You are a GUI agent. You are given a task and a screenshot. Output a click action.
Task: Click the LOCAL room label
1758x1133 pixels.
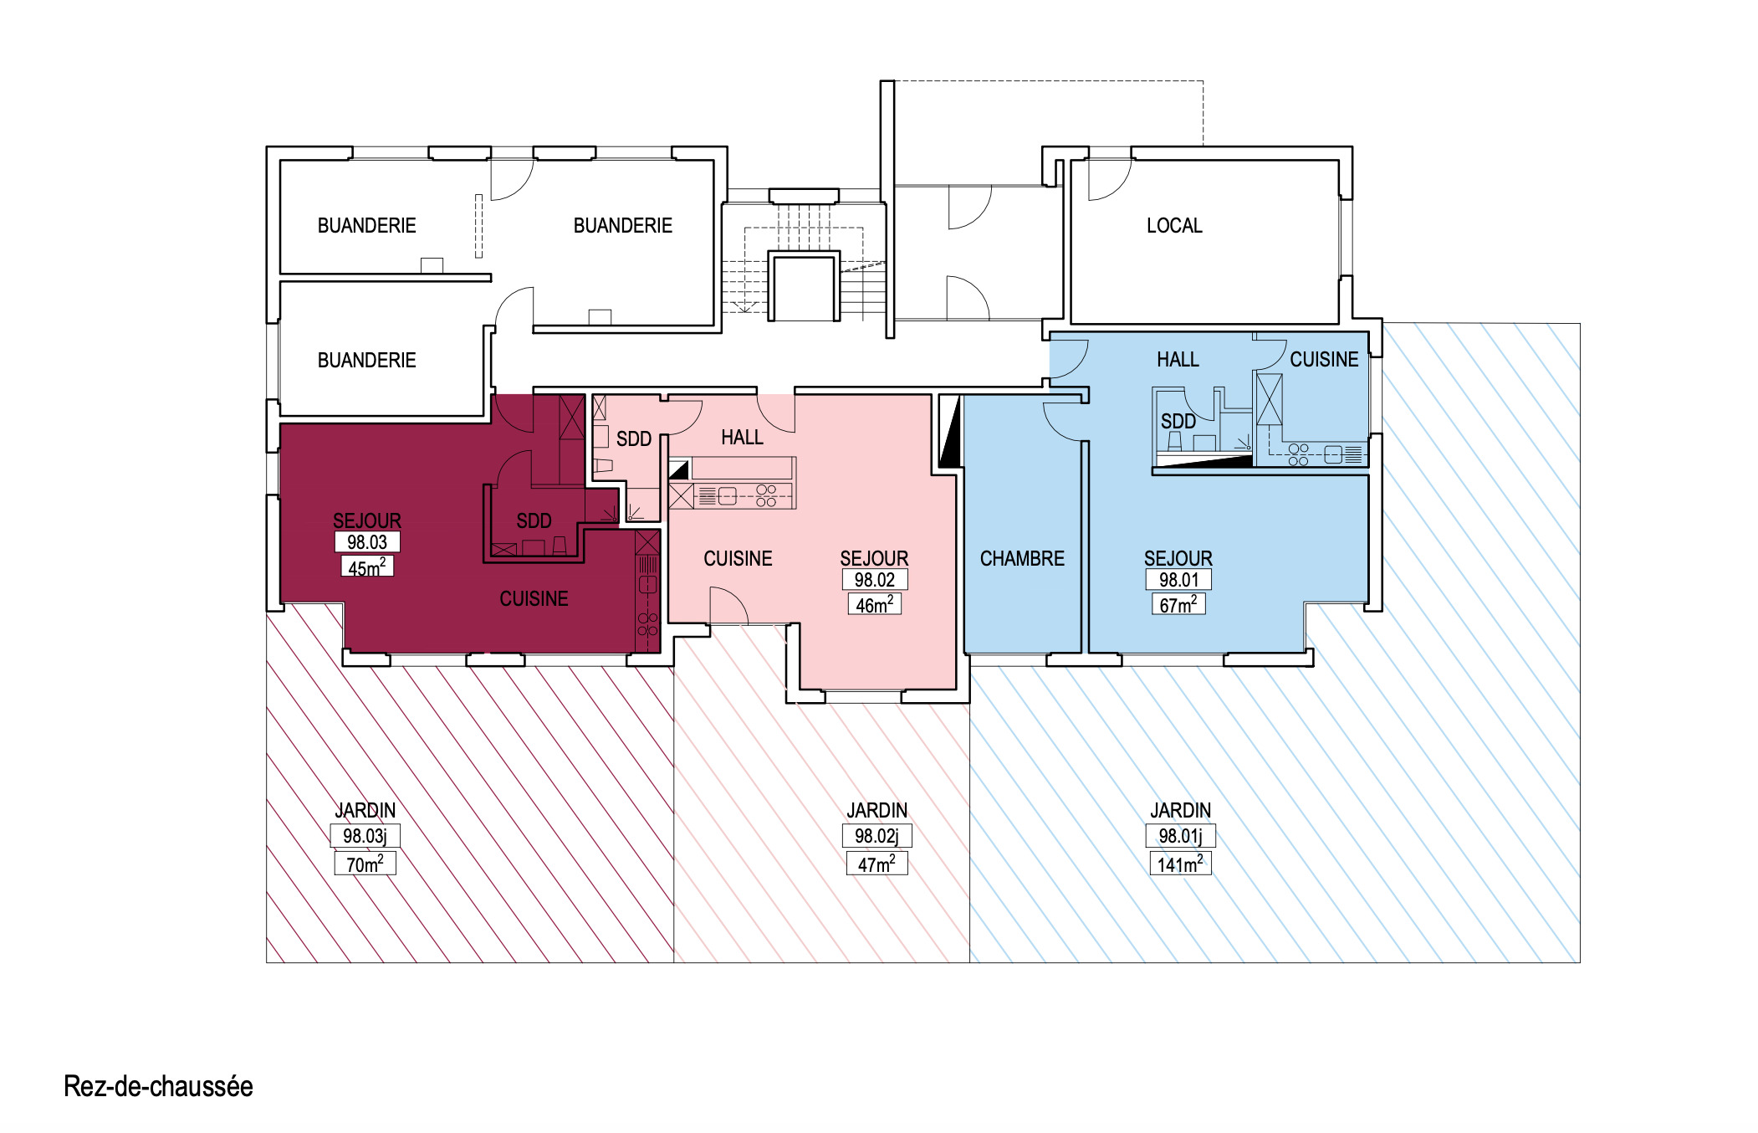[x=1174, y=226]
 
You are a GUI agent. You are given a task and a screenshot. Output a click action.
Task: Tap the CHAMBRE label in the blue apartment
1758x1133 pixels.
[x=1022, y=558]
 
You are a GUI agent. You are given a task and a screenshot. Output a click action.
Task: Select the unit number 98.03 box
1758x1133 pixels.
[x=367, y=542]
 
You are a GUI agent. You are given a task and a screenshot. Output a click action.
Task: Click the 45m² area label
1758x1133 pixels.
[x=367, y=567]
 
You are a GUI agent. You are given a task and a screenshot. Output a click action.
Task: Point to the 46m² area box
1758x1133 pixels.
[x=874, y=604]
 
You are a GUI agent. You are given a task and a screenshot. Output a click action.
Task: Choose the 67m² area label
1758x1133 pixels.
[x=1178, y=604]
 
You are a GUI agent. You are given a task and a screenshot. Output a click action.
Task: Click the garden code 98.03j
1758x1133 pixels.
[x=365, y=835]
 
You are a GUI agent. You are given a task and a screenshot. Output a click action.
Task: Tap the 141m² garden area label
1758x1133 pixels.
[x=1180, y=864]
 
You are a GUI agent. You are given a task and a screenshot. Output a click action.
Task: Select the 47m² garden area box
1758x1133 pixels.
[x=876, y=864]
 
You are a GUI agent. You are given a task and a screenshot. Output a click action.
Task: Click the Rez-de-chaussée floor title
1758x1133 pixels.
[x=158, y=1086]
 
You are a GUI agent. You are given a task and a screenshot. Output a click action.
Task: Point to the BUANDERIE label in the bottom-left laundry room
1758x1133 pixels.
[x=366, y=361]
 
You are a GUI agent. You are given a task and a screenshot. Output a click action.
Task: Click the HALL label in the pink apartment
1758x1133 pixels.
[x=742, y=438]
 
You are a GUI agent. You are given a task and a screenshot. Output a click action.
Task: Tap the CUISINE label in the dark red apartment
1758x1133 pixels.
[x=534, y=599]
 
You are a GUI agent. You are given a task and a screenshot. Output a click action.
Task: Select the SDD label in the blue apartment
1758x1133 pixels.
[x=1178, y=422]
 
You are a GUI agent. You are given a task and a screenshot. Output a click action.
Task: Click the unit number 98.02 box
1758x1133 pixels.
[x=874, y=579]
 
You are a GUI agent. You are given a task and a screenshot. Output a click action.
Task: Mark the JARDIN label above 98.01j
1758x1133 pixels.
[x=1180, y=810]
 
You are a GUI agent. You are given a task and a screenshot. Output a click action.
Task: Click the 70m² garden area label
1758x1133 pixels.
[x=365, y=864]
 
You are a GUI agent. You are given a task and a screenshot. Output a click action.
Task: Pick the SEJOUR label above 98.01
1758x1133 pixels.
[x=1178, y=558]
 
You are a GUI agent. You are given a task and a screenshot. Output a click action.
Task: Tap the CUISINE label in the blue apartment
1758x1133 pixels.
[x=1324, y=360]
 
